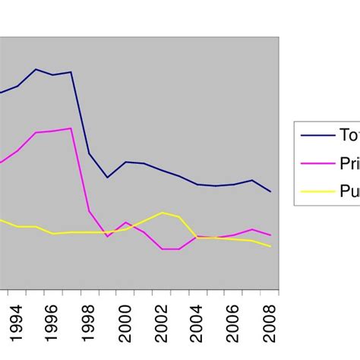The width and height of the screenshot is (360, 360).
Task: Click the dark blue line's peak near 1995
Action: [x=35, y=69]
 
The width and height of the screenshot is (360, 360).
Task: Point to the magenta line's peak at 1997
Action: [x=71, y=128]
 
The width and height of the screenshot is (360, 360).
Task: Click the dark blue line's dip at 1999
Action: [x=107, y=178]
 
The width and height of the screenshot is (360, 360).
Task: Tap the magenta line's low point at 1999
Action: [x=107, y=236]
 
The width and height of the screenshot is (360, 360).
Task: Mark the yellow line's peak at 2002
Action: [x=162, y=212]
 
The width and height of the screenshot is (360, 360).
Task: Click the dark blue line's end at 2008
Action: [x=270, y=191]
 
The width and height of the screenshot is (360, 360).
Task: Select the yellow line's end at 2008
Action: [x=270, y=247]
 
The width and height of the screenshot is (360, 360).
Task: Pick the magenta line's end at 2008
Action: [x=270, y=235]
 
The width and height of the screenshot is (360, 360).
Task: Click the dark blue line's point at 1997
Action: [x=71, y=72]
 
